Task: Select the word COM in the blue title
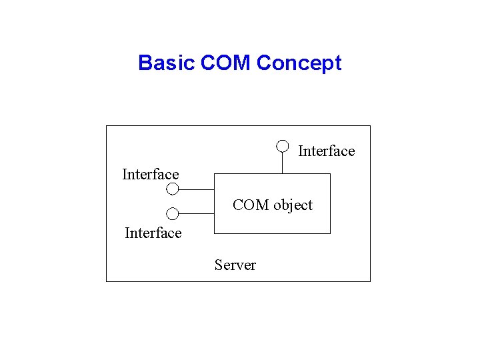click(225, 63)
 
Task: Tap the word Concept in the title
click(299, 63)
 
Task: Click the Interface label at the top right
click(326, 151)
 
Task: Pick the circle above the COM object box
click(283, 145)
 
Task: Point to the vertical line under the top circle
click(283, 162)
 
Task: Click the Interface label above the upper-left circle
click(151, 175)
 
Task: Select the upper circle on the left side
click(173, 189)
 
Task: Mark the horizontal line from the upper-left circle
click(196, 189)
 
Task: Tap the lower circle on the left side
click(173, 214)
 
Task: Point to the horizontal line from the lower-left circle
click(196, 214)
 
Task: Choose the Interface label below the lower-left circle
click(153, 233)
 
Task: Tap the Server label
click(235, 265)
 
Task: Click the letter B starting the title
click(145, 63)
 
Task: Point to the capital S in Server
click(218, 265)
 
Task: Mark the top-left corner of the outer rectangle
click(107, 126)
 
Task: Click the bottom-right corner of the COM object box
click(330, 233)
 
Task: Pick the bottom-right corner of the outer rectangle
click(370, 281)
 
